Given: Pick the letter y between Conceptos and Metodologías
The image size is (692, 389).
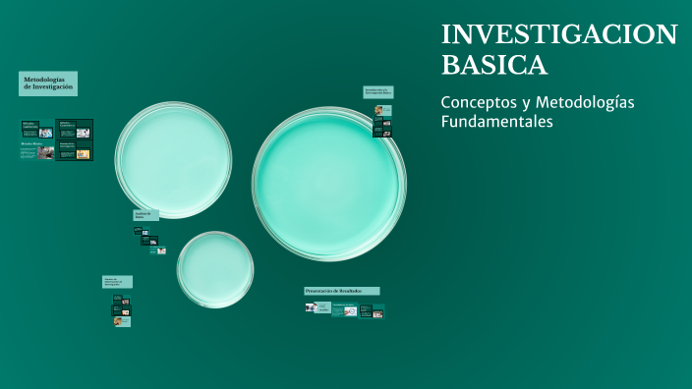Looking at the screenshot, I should [x=533, y=104].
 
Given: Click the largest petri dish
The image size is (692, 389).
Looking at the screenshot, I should [x=328, y=184].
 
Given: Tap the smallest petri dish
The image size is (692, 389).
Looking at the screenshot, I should [x=215, y=269].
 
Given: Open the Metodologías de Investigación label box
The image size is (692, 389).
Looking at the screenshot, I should [x=48, y=83].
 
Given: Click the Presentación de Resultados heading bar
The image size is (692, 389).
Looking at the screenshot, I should [x=341, y=291].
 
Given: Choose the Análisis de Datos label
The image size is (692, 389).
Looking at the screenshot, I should [x=145, y=215].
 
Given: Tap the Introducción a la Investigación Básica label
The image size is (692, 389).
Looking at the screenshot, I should [x=377, y=91].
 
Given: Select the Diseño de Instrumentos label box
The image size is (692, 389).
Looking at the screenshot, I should [x=117, y=282].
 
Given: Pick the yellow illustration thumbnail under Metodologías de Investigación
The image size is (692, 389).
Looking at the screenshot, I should [x=83, y=153].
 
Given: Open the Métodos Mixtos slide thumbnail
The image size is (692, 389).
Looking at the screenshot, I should [x=37, y=150].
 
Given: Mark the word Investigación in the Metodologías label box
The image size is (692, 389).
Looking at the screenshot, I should [x=54, y=87].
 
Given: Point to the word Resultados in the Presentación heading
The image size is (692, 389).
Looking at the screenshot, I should [x=361, y=291].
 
